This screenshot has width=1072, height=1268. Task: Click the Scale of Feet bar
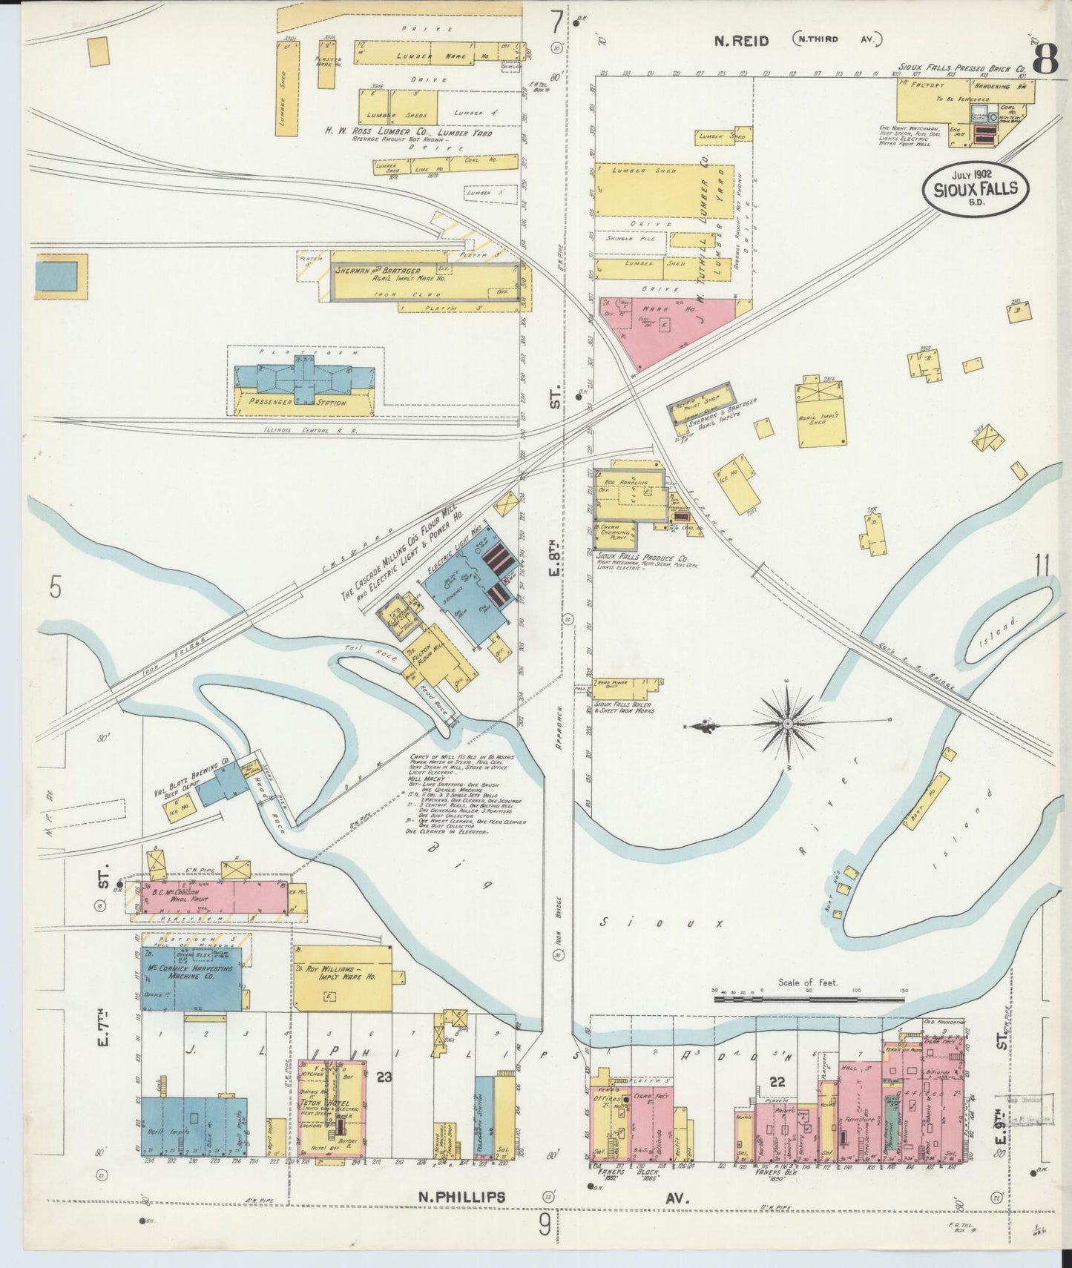(809, 1000)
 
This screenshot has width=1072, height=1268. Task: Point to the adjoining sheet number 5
(54, 588)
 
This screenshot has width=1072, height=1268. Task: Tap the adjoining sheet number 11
(1042, 566)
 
